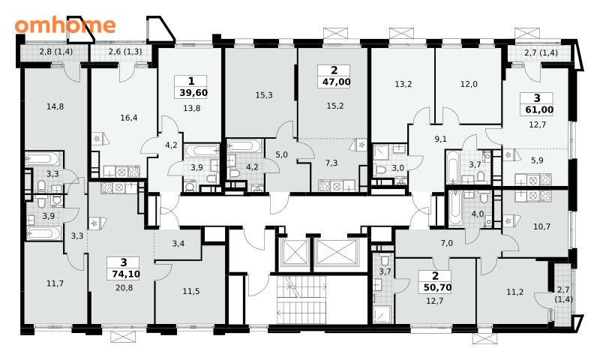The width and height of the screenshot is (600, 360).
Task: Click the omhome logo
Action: [65, 25]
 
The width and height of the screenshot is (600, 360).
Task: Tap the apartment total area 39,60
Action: [193, 92]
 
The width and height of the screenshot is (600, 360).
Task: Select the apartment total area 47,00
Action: [334, 82]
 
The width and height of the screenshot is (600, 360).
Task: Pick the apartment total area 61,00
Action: [537, 109]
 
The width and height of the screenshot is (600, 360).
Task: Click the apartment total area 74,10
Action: [124, 274]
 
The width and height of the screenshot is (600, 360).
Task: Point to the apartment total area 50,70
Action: [435, 287]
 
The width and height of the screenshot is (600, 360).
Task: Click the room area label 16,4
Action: [128, 118]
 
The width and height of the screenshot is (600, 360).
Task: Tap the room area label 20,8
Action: [124, 287]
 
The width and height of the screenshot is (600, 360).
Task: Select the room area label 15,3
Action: [264, 95]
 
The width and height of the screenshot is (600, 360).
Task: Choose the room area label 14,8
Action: [55, 106]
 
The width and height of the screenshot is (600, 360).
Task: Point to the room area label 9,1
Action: [441, 139]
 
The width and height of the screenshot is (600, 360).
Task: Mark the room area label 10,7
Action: [541, 226]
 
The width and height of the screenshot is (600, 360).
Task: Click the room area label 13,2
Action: [403, 84]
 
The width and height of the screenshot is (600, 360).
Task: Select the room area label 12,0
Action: [469, 84]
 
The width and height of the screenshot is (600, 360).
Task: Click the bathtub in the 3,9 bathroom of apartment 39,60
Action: [202, 151]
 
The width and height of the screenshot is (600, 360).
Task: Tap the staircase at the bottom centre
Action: [301, 299]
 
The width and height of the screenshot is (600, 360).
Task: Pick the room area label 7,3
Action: [331, 163]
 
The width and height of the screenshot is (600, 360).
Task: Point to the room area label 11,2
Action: [515, 292]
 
